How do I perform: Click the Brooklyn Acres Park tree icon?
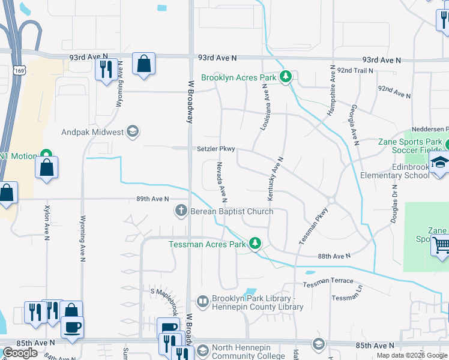287,77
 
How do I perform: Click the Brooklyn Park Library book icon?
202,301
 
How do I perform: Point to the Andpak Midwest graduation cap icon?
133,131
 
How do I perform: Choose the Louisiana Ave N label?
263,107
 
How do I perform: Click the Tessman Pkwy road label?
314,226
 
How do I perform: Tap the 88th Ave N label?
334,256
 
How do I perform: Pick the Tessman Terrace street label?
328,281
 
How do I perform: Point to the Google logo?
20,353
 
